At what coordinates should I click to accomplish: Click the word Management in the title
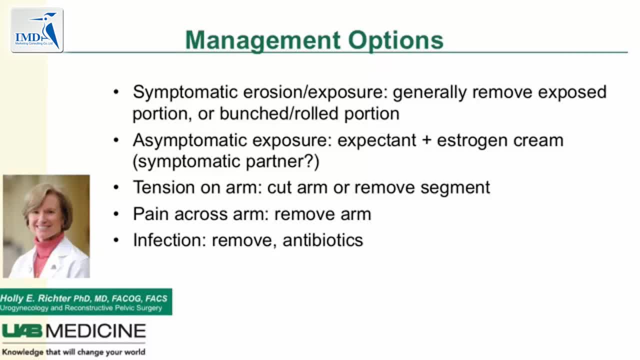[x=263, y=41]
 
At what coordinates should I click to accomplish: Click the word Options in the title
[x=396, y=41]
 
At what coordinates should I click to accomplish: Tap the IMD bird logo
[x=37, y=30]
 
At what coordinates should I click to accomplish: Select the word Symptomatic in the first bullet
[x=185, y=92]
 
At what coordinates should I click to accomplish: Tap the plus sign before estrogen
[x=426, y=140]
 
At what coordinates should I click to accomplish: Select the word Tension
[x=163, y=187]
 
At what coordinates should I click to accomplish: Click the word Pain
[x=150, y=214]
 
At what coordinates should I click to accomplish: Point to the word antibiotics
[x=323, y=240]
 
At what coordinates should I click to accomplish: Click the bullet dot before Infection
[x=116, y=240]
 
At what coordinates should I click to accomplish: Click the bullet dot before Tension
[x=116, y=187]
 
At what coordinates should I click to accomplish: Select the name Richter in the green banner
[x=54, y=298]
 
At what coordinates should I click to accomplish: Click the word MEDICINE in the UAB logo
[x=96, y=331]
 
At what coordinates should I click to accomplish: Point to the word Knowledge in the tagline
[x=22, y=352]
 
